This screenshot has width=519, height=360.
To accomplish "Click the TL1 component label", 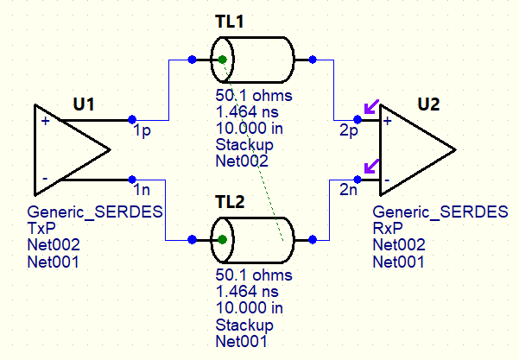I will click(x=229, y=22).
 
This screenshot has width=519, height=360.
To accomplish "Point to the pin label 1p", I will click(x=142, y=133).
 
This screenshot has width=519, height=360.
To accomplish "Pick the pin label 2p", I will click(x=348, y=133).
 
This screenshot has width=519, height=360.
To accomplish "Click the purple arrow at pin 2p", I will click(x=370, y=109).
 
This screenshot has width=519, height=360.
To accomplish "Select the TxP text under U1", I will click(x=41, y=227).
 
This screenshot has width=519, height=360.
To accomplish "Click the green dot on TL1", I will click(x=222, y=60).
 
